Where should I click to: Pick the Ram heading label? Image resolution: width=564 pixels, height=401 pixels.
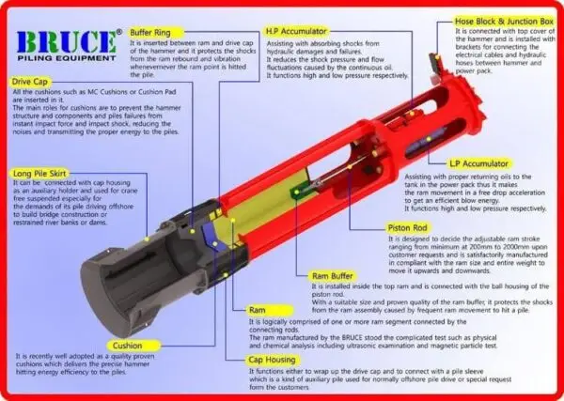pyautogui.click(x=256, y=309)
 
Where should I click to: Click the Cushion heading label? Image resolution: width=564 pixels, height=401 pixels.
pyautogui.click(x=127, y=345)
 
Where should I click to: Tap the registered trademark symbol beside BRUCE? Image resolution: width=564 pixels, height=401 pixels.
pyautogui.click(x=117, y=33)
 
